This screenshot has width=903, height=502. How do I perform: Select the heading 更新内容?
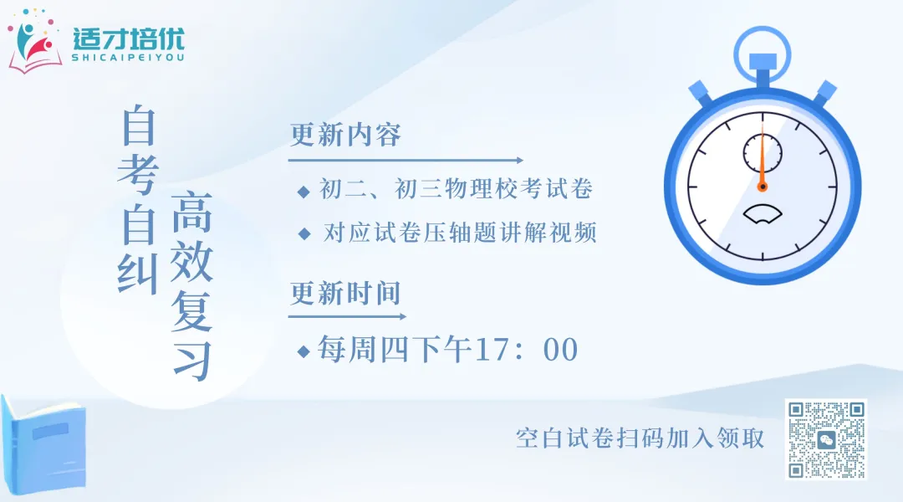pyautogui.click(x=345, y=135)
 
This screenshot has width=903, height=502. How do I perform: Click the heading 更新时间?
pyautogui.click(x=345, y=293)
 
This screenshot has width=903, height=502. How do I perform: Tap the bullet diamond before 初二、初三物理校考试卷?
pyautogui.click(x=304, y=192)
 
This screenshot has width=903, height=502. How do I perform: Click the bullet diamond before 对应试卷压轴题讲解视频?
pyautogui.click(x=304, y=234)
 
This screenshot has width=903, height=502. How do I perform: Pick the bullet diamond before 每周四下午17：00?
pyautogui.click(x=304, y=350)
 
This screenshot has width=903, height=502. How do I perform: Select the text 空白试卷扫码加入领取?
pyautogui.click(x=640, y=438)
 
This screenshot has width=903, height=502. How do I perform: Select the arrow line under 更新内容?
pyautogui.click(x=406, y=160)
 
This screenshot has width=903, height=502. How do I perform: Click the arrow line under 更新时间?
pyautogui.click(x=348, y=317)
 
